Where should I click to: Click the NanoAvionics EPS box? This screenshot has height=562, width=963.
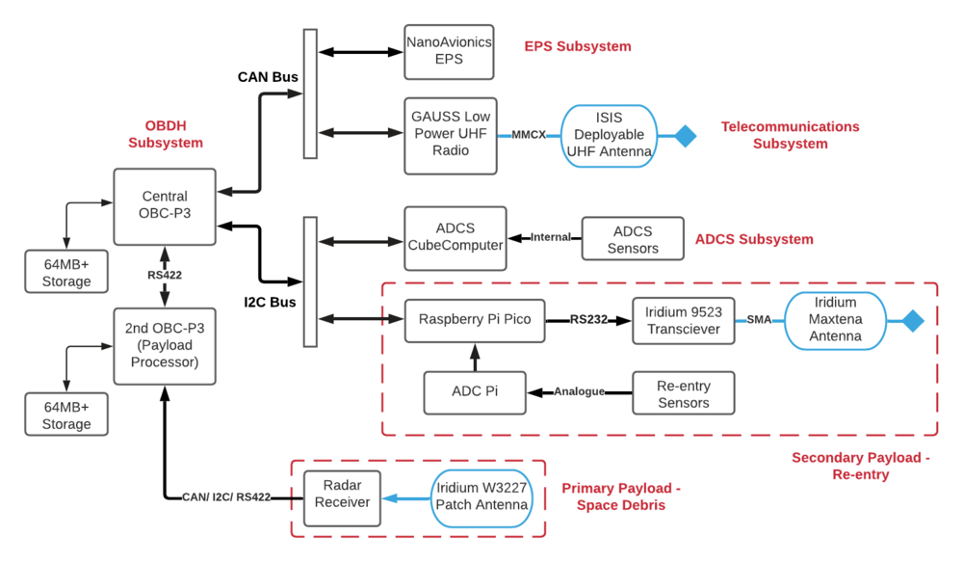[x=449, y=52]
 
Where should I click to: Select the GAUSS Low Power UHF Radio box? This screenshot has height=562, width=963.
[x=451, y=136]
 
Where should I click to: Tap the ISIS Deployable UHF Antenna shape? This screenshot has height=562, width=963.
[x=609, y=136]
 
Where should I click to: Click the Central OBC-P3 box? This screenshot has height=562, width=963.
[x=165, y=206]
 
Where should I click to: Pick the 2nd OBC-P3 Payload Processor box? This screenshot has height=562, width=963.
[x=165, y=346]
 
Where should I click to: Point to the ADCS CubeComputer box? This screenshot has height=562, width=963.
[x=455, y=238]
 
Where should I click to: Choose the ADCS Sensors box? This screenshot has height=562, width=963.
[x=633, y=239]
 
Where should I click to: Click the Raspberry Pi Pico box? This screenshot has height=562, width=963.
[x=475, y=320]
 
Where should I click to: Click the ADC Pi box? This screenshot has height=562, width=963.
[x=475, y=392]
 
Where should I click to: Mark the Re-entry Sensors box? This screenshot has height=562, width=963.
[x=683, y=392]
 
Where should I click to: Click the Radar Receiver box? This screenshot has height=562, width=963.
[x=343, y=498]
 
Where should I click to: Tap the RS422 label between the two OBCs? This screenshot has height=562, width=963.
[x=165, y=275]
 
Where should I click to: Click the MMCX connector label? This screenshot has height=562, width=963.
[x=530, y=136]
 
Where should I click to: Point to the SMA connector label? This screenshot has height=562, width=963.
[x=759, y=320]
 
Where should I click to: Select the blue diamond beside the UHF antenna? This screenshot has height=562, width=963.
[x=685, y=136]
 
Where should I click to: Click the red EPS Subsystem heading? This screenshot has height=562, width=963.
[x=578, y=46]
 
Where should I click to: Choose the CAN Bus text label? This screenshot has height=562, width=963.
[x=268, y=76]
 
